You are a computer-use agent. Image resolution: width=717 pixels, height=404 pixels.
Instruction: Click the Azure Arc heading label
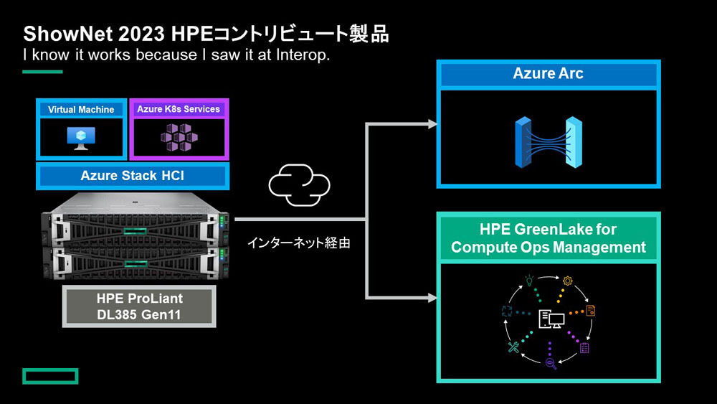[x=548, y=73]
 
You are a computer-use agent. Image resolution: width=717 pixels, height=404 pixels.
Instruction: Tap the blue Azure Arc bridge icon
[x=549, y=142]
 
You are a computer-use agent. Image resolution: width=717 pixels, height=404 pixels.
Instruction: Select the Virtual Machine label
[x=81, y=109]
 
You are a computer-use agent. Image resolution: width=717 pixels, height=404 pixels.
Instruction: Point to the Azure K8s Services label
[x=179, y=109]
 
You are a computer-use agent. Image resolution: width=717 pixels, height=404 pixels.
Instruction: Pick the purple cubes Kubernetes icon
[x=179, y=137]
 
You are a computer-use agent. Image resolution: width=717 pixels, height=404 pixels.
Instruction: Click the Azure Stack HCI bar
[x=133, y=176]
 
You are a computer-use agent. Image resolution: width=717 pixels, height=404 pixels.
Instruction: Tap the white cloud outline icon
[x=299, y=185]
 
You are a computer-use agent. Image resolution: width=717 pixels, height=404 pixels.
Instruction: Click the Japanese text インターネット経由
[x=298, y=243]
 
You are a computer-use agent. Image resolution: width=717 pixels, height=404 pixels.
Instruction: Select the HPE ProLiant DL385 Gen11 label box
[x=139, y=306]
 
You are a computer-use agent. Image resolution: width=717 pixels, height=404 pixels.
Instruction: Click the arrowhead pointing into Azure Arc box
[x=432, y=123]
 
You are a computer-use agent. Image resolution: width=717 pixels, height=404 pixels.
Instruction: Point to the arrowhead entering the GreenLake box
[x=432, y=298]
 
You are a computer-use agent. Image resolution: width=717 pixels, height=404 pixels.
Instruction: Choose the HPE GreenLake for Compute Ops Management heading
[x=549, y=238]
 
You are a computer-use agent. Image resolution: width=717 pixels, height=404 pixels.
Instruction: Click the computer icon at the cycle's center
[x=551, y=319]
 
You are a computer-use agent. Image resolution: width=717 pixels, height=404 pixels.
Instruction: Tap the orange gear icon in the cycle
[x=567, y=281]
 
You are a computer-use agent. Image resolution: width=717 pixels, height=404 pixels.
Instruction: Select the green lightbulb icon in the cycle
[x=529, y=280]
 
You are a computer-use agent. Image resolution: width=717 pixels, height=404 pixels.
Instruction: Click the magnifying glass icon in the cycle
[x=551, y=364]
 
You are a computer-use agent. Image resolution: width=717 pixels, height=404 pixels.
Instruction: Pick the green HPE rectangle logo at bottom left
[x=50, y=376]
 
